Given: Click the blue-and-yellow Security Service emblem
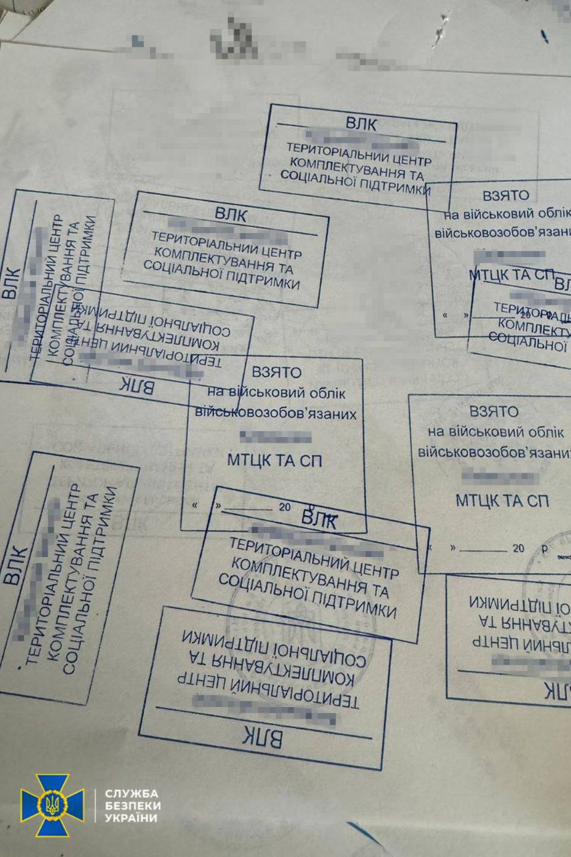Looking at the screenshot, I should tap(52, 805).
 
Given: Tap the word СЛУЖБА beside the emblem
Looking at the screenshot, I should tap(132, 794).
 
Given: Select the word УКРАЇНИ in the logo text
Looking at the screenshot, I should tap(132, 818).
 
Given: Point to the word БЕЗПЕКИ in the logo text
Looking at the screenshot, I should tap(132, 806).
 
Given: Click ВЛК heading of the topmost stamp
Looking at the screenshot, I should tap(361, 124).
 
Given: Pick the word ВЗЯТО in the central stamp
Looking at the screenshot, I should tap(276, 372).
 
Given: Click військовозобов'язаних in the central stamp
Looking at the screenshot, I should tap(275, 414).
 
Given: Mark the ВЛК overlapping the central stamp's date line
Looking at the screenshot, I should tap(319, 518).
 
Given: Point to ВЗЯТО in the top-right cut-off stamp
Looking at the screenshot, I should tap(505, 196).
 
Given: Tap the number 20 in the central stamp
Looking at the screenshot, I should tap(284, 508).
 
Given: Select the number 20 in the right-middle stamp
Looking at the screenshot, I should tap(518, 548).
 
